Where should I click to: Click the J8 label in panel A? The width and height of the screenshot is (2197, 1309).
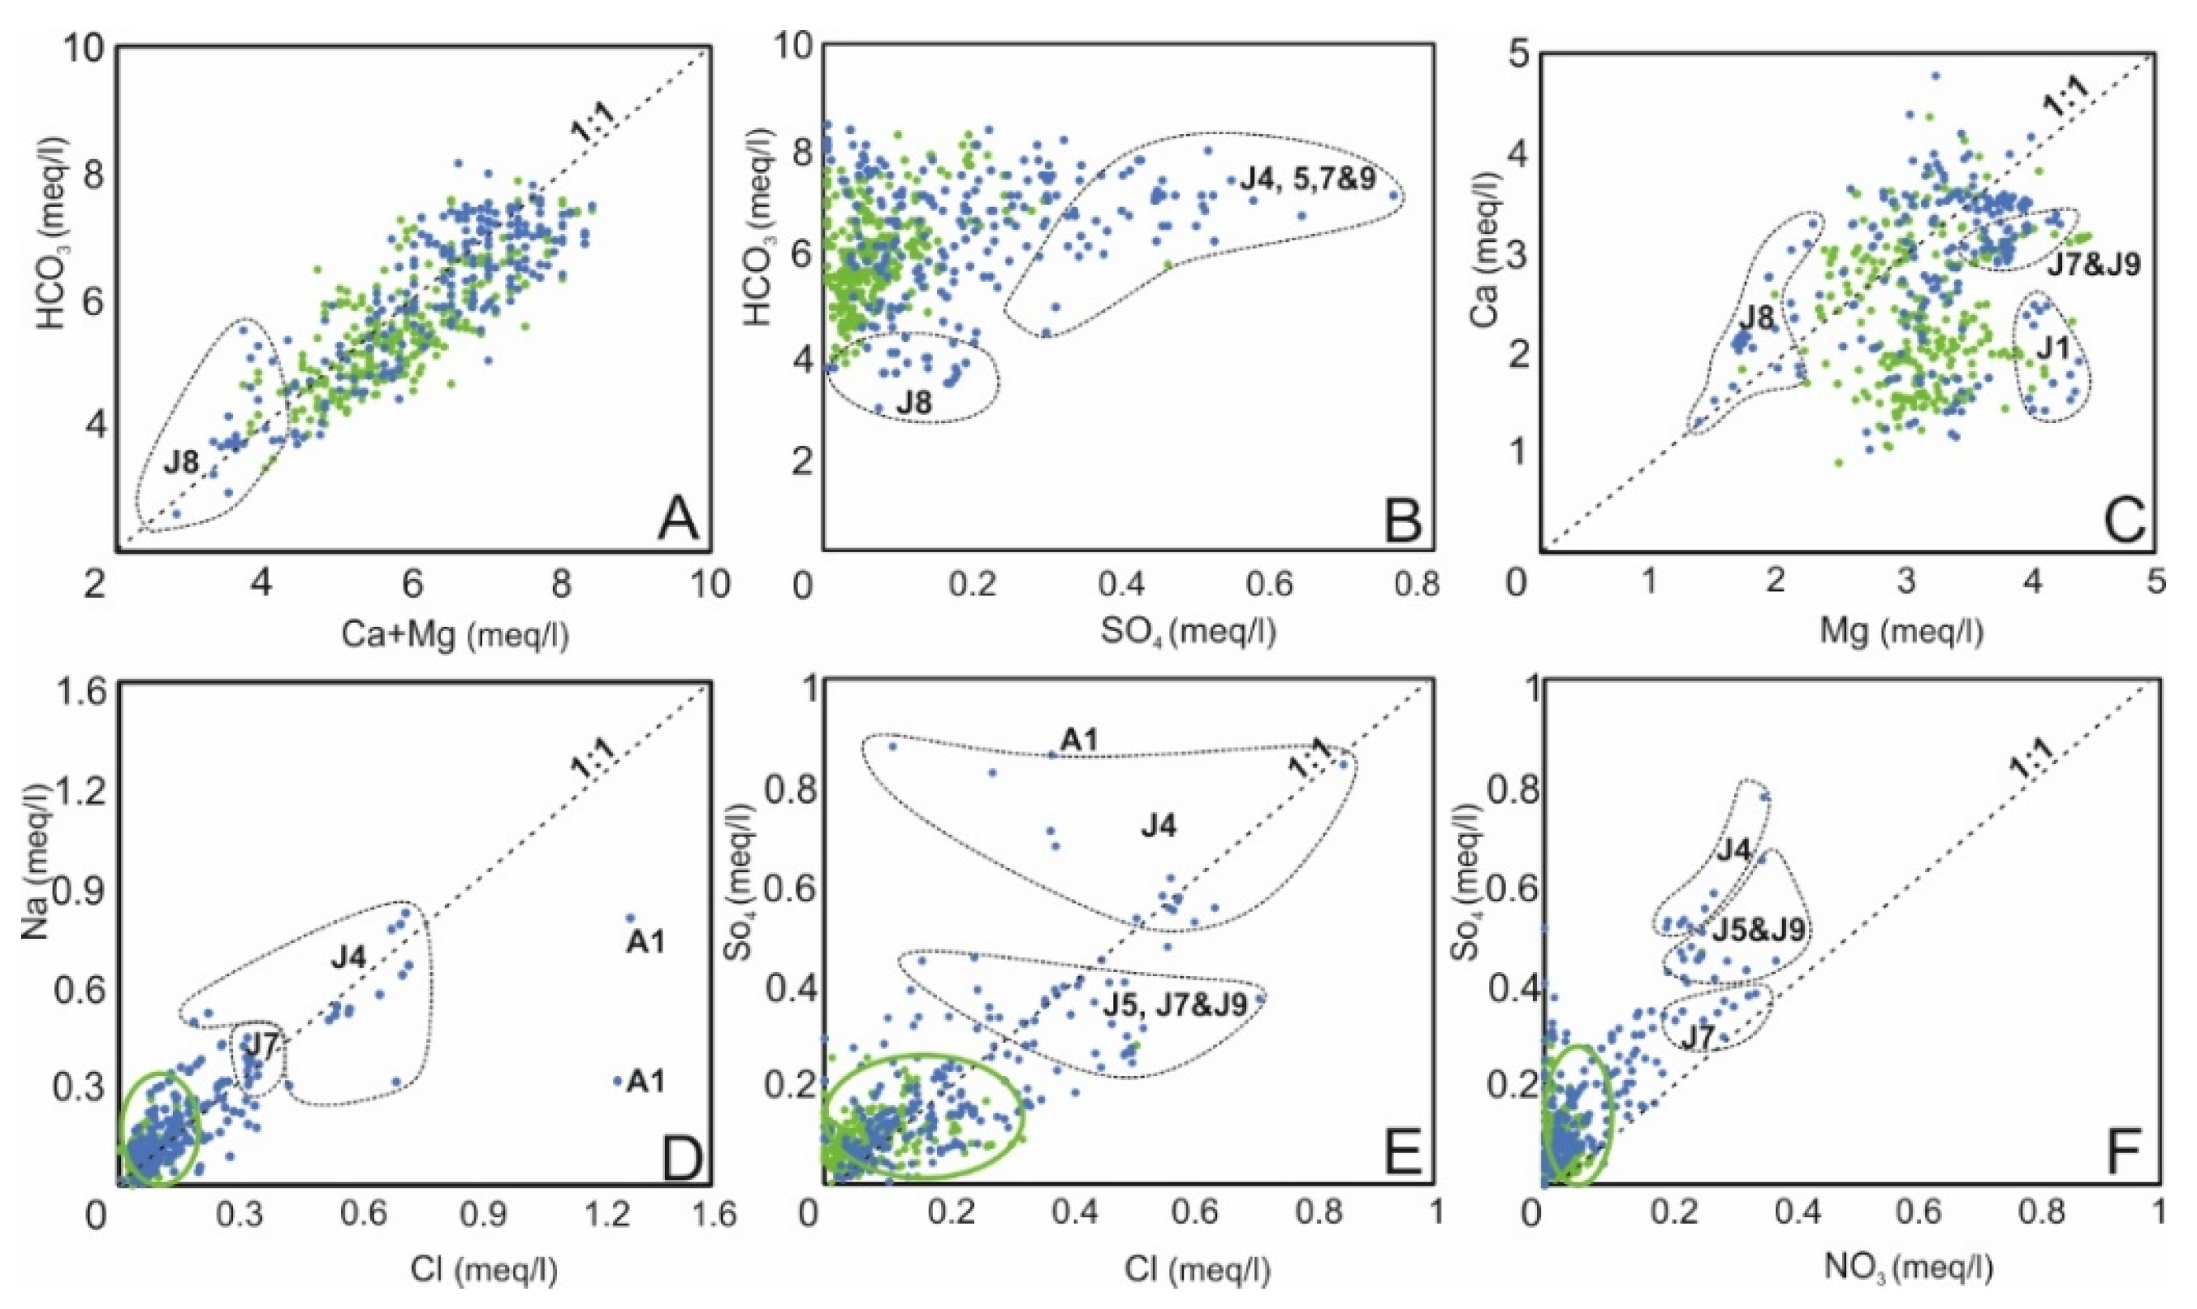point(181,462)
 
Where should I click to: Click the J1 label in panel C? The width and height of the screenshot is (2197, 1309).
point(2052,349)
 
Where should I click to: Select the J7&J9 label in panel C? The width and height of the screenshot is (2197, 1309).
point(2093,265)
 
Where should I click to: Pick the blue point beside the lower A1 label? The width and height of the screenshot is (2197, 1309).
point(617,1081)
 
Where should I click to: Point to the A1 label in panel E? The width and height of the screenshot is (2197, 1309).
point(1080,741)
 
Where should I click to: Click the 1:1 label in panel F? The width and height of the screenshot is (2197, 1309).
point(2031,764)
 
